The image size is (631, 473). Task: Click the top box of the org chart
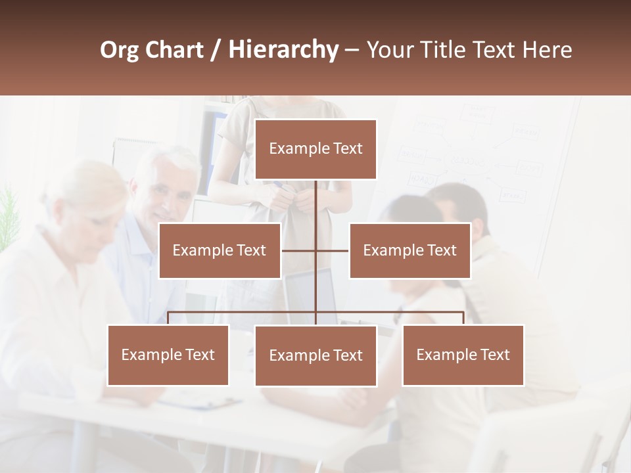click(x=315, y=149)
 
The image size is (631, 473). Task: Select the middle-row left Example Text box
click(x=220, y=250)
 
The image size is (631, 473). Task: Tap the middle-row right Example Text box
click(x=409, y=250)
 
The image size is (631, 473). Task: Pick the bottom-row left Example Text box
click(x=168, y=355)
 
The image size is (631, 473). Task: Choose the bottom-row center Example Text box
click(x=315, y=355)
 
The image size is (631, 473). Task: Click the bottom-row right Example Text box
click(x=463, y=355)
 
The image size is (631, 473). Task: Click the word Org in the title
click(x=119, y=49)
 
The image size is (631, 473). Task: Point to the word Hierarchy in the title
click(x=283, y=50)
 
